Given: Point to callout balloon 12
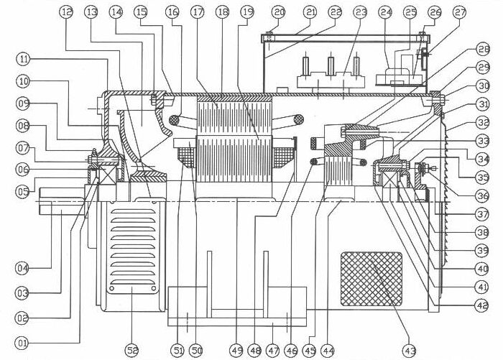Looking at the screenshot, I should (x=67, y=12).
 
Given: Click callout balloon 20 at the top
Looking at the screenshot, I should (x=279, y=12).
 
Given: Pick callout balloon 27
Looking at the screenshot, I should (x=460, y=12).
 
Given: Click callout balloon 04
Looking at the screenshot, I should (x=24, y=268).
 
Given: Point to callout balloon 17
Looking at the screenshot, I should (x=198, y=12).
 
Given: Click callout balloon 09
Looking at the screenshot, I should (x=24, y=103).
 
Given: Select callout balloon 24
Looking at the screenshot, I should (x=386, y=12).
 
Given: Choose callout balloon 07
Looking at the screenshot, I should (x=24, y=149).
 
